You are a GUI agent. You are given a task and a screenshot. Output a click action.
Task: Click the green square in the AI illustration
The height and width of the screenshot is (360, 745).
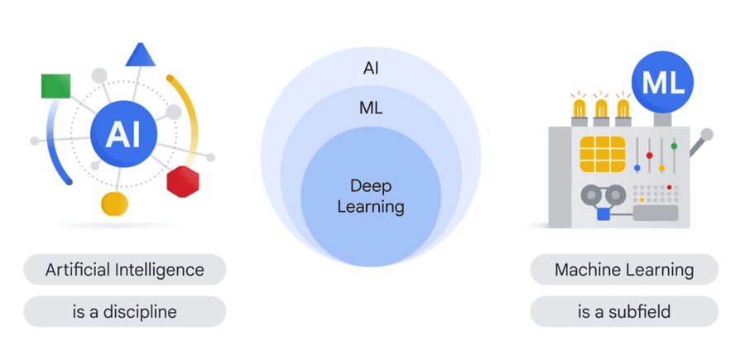tap(55, 85)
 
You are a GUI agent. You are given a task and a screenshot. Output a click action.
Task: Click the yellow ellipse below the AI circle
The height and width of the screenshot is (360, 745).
tap(114, 204)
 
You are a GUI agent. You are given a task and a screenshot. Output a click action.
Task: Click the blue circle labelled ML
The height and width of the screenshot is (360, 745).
tap(662, 83)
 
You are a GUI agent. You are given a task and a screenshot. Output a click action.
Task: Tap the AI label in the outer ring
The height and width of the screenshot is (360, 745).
tap(371, 68)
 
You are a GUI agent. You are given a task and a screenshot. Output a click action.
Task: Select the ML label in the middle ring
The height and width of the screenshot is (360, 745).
tap(371, 108)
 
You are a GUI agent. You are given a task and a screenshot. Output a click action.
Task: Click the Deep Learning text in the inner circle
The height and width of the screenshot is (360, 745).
tap(371, 195)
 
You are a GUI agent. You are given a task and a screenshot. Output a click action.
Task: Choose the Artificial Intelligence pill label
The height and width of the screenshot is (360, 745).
tap(124, 270)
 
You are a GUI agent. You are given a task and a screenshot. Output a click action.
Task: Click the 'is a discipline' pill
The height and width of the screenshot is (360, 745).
tap(124, 312)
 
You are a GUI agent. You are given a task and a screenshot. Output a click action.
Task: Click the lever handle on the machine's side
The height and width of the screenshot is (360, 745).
tap(707, 133)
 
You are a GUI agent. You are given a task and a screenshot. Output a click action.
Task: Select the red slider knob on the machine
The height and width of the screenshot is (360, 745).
tap(649, 156)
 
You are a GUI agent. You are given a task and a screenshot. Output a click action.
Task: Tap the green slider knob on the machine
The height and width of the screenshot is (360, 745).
tap(674, 146)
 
